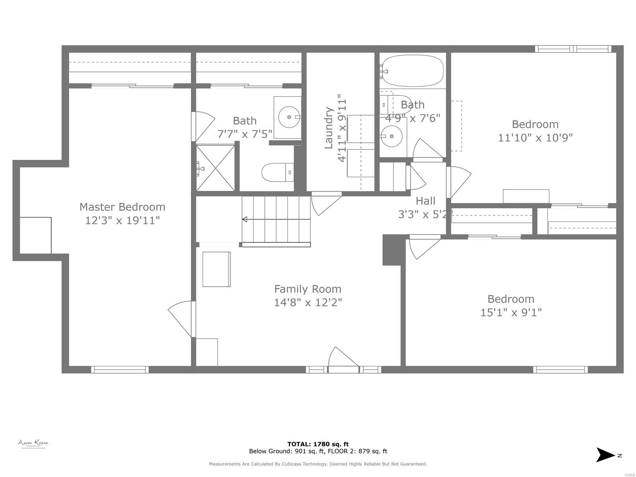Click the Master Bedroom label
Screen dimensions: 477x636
(x=122, y=207)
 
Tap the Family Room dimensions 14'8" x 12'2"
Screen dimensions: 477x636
(x=308, y=302)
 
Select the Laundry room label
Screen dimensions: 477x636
(x=328, y=128)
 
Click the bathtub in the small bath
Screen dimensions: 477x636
(x=412, y=71)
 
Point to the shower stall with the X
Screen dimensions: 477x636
(x=215, y=168)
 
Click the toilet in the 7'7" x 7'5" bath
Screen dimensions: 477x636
(x=277, y=173)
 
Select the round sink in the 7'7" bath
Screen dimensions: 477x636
(x=289, y=117)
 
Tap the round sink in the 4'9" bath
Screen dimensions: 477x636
(x=392, y=136)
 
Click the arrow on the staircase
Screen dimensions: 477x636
(x=245, y=219)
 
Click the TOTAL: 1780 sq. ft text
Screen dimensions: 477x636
(x=318, y=444)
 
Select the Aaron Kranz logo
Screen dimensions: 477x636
(x=33, y=444)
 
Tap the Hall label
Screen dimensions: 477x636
(x=425, y=201)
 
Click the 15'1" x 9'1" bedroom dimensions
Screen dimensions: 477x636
(x=511, y=312)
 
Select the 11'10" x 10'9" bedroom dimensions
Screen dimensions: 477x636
(x=535, y=138)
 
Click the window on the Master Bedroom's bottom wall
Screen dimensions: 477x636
(x=120, y=370)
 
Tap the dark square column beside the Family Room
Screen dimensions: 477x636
(x=392, y=250)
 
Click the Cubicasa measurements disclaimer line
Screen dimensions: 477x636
(x=318, y=464)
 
